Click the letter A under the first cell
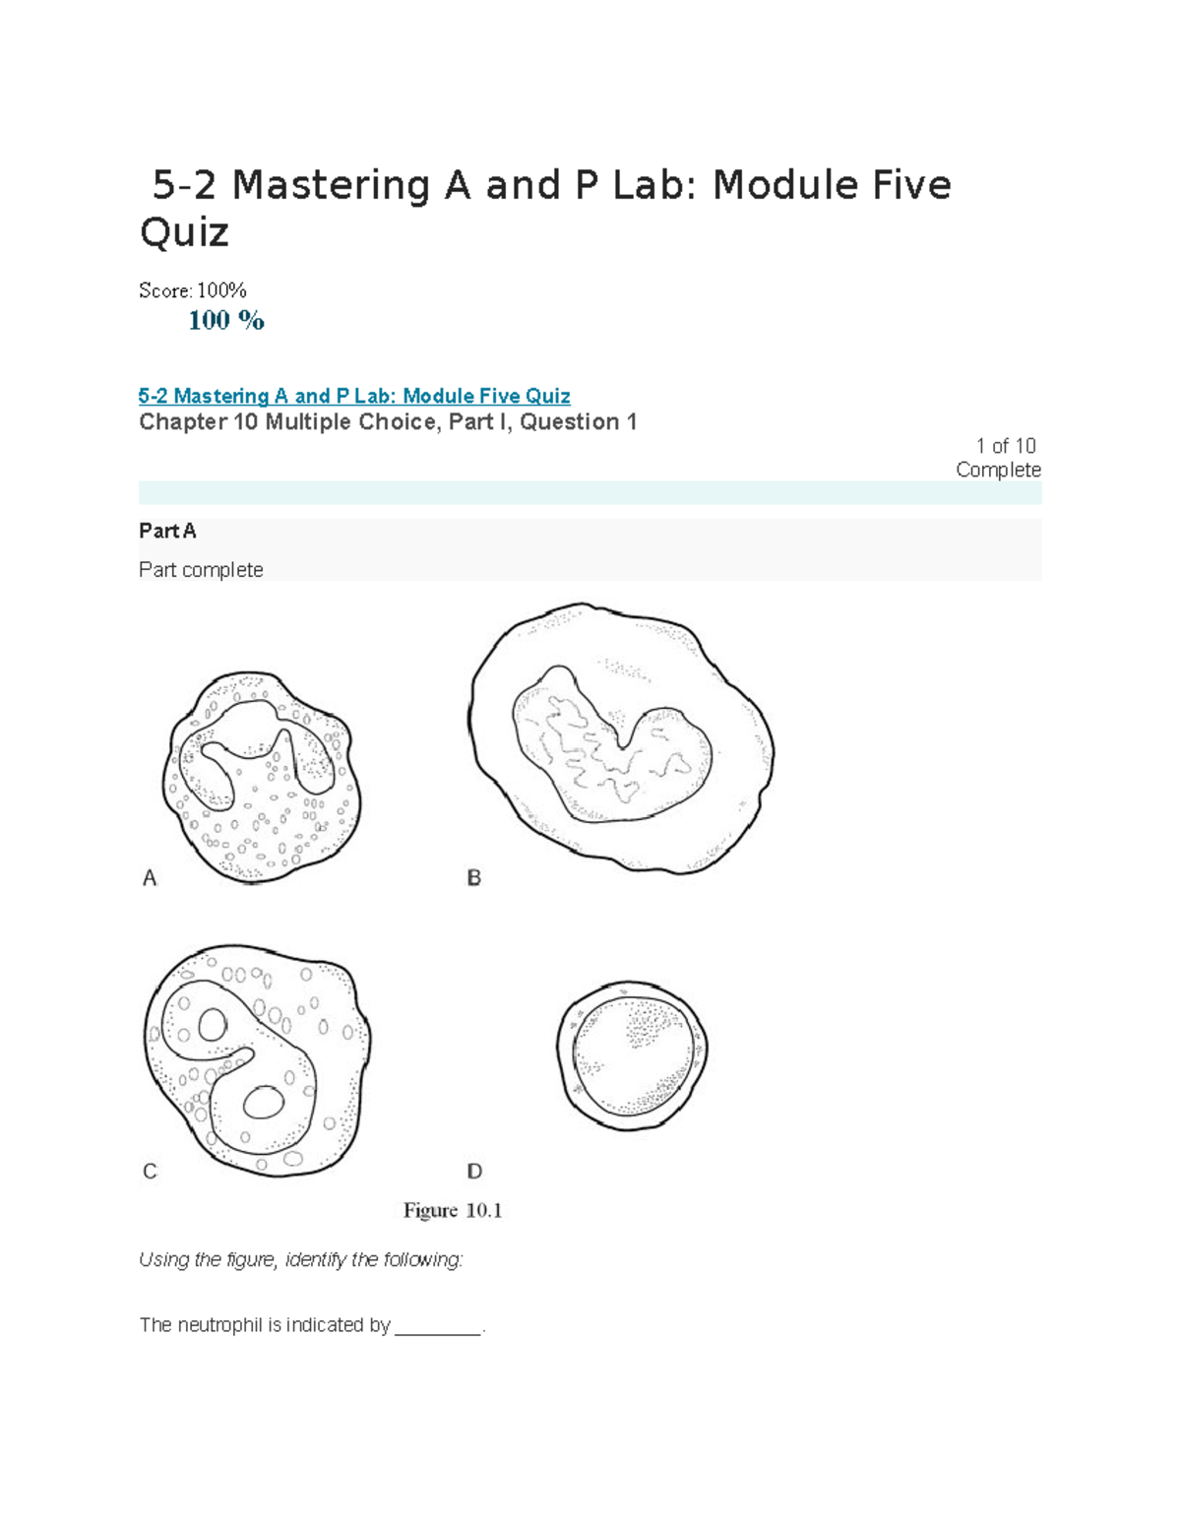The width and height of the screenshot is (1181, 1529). pyautogui.click(x=150, y=877)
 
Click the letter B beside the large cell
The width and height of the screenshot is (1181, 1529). pyautogui.click(x=473, y=877)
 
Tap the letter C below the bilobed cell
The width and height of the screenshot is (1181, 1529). pyautogui.click(x=150, y=1171)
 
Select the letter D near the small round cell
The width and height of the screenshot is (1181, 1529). pyautogui.click(x=474, y=1171)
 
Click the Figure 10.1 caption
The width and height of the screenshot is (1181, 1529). pyautogui.click(x=453, y=1210)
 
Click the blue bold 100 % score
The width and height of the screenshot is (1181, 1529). pyautogui.click(x=226, y=320)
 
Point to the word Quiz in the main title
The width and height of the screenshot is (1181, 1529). pyautogui.click(x=184, y=232)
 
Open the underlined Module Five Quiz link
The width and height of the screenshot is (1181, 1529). pyautogui.click(x=354, y=396)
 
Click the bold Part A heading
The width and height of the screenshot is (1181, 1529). pyautogui.click(x=167, y=531)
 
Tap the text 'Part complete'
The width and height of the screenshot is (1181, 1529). pyautogui.click(x=201, y=570)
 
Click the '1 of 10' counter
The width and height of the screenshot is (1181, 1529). pyautogui.click(x=1005, y=446)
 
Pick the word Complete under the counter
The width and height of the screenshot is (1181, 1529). pyautogui.click(x=998, y=470)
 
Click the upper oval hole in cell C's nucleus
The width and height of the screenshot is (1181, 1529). pyautogui.click(x=213, y=1025)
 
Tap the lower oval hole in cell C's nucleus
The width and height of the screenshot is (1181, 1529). pyautogui.click(x=262, y=1103)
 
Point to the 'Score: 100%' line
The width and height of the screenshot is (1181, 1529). pyautogui.click(x=192, y=290)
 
